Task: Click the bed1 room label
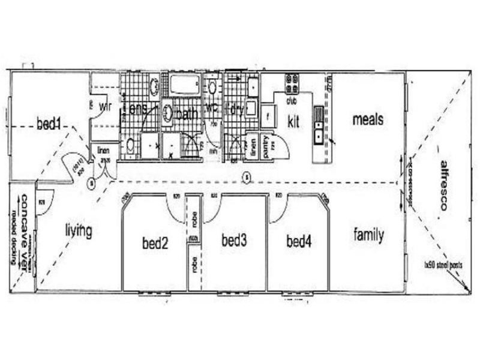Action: tap(50, 124)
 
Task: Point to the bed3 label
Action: tap(235, 241)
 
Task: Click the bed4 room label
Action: tap(298, 242)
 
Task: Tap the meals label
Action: tap(368, 119)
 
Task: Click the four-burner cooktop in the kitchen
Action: tap(292, 81)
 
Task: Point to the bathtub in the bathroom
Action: tap(184, 85)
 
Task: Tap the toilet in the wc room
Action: tap(212, 87)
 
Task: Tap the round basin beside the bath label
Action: tap(168, 113)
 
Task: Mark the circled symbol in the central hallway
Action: tap(245, 177)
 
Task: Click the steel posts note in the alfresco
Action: tap(445, 264)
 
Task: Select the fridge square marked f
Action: tap(267, 115)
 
